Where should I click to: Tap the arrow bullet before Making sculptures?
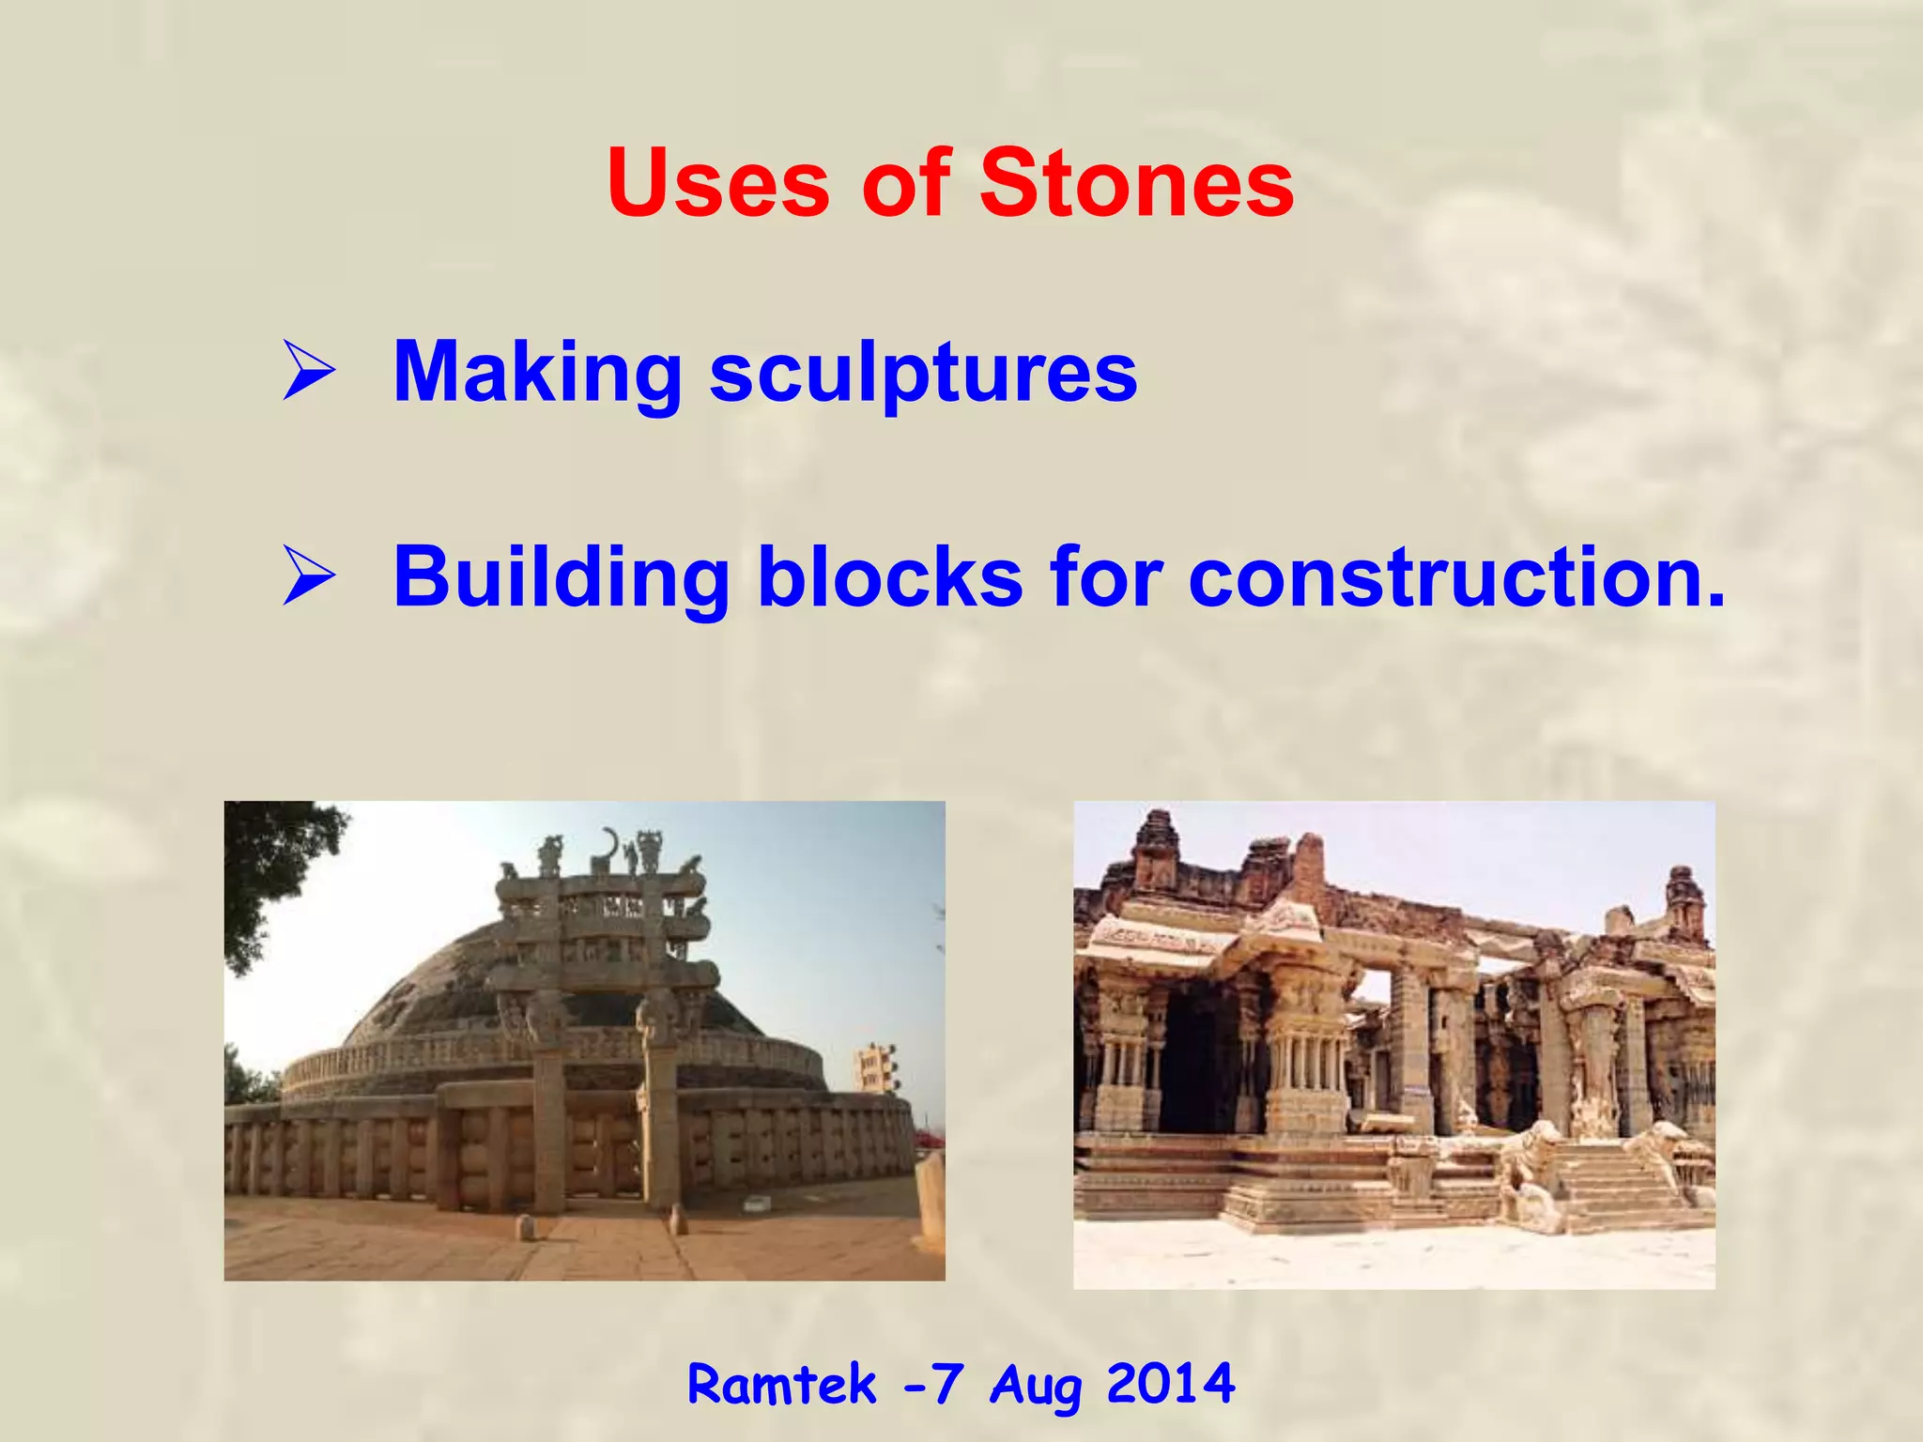(x=308, y=373)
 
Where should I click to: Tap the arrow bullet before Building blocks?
(x=308, y=577)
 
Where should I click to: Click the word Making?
(x=537, y=373)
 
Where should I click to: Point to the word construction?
(x=1455, y=577)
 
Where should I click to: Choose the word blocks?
(x=889, y=577)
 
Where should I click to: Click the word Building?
(x=562, y=577)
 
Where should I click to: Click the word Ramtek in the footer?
(x=781, y=1385)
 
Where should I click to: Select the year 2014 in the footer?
(x=1170, y=1385)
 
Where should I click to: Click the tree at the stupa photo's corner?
(x=268, y=864)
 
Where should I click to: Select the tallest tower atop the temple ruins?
(x=1155, y=845)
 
